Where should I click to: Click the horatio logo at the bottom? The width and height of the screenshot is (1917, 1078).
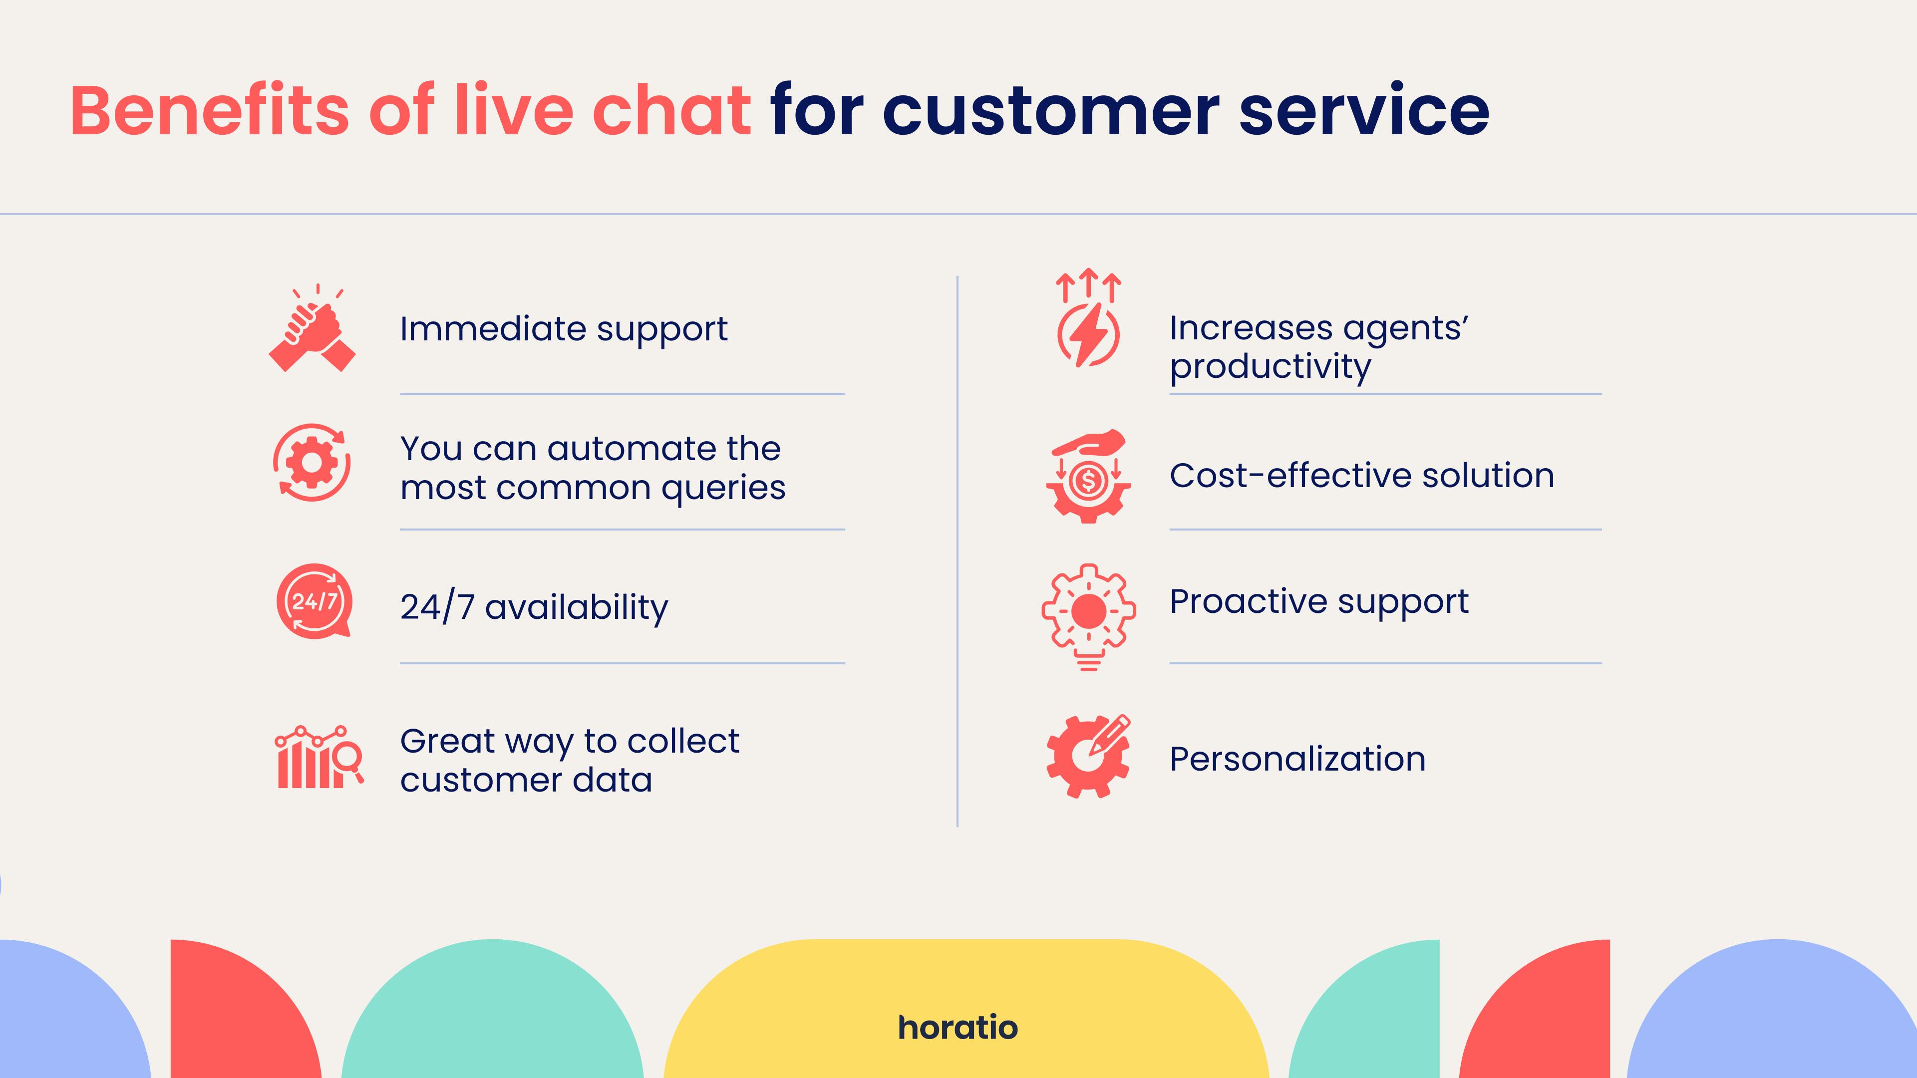[x=958, y=1028]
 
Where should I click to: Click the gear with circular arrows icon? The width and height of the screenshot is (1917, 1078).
[x=312, y=462]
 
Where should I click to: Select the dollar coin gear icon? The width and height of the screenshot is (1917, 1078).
[x=1088, y=476]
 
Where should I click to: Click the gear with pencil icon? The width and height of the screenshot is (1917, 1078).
[x=1088, y=757]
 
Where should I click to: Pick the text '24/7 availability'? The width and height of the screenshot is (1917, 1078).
[x=534, y=607]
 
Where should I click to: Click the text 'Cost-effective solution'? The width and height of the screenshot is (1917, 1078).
[x=1362, y=476]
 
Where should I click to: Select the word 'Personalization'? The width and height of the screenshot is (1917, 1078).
[x=1298, y=759]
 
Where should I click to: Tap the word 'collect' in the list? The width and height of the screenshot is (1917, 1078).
[x=683, y=741]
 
